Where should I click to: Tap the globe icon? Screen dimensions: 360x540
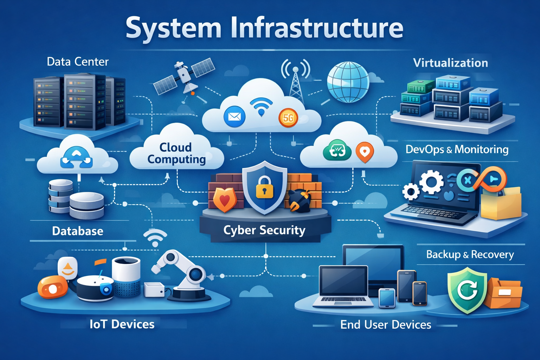pos(348,82)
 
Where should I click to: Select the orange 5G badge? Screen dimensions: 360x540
pos(288,118)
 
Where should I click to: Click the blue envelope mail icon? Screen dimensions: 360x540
pos(234,116)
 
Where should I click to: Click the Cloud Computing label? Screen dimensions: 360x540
pos(176,153)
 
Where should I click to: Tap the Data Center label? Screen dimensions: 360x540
pos(78,62)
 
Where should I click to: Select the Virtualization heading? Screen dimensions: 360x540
pos(450,63)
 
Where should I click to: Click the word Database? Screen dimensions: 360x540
pos(78,231)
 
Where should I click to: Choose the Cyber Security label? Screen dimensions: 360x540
pos(264,230)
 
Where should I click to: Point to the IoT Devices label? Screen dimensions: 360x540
pos(122,324)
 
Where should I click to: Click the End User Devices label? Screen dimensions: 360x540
pos(386,324)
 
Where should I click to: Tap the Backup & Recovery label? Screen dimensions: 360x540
pos(470,254)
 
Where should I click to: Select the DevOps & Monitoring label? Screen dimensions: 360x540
pos(457,149)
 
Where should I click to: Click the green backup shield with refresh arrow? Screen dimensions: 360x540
pos(467,290)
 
